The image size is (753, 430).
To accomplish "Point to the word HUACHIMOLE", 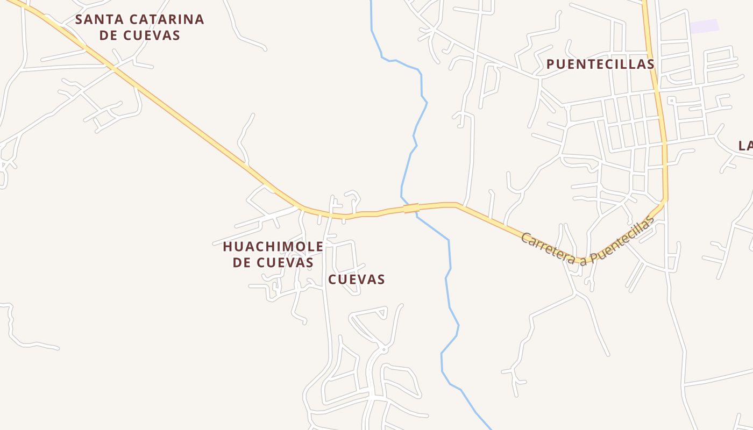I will pyautogui.click(x=273, y=247).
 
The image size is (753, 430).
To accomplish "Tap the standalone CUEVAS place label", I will pyautogui.click(x=357, y=279).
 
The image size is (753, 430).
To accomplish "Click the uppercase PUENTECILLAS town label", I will pyautogui.click(x=600, y=64).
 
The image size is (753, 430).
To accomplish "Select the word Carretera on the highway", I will pyautogui.click(x=548, y=248).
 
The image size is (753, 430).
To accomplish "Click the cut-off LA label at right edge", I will pyautogui.click(x=745, y=146).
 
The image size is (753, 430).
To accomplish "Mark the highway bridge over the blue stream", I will pyautogui.click(x=411, y=208).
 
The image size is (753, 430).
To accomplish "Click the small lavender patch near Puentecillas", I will pyautogui.click(x=704, y=26).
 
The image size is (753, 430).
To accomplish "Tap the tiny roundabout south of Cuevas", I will pyautogui.click(x=383, y=350).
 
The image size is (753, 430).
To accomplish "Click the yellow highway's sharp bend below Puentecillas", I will pyautogui.click(x=666, y=201).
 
